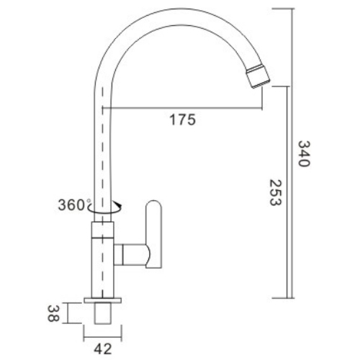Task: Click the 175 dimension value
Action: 182,120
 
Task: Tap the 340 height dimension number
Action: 303,153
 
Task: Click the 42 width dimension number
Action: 104,350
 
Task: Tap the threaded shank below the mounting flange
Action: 104,315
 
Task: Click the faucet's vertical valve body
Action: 104,259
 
